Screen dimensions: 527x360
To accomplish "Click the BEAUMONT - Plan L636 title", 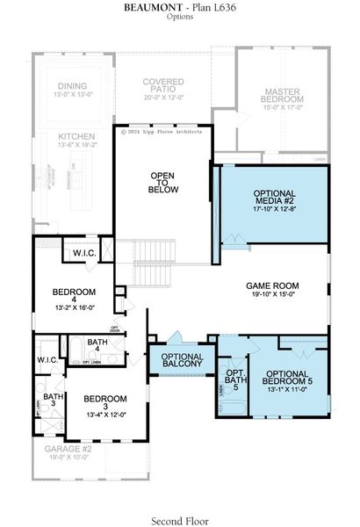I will pyautogui.click(x=179, y=8).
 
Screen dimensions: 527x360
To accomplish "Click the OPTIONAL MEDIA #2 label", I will pyautogui.click(x=275, y=199).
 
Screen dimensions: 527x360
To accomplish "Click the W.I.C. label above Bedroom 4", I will pyautogui.click(x=85, y=254).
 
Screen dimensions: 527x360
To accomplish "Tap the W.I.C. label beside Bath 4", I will pyautogui.click(x=47, y=361).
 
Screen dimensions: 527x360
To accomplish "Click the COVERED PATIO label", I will pyautogui.click(x=164, y=86).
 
